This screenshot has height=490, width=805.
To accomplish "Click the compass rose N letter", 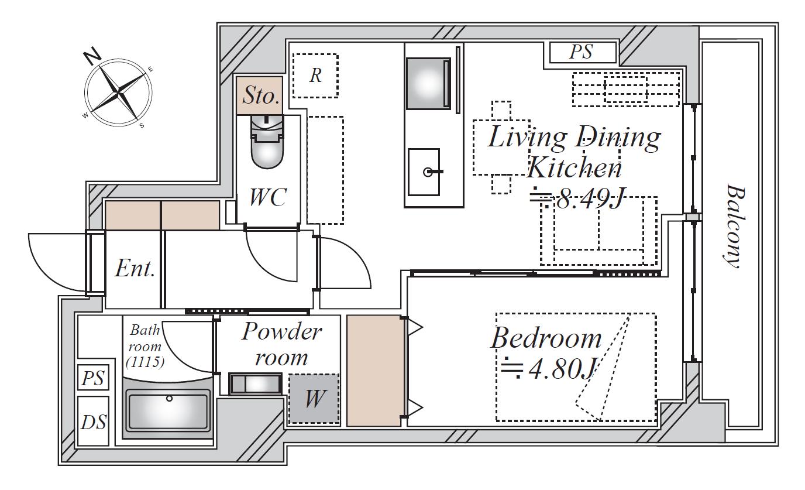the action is point(92,56).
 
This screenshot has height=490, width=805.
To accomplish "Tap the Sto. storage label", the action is point(260,95).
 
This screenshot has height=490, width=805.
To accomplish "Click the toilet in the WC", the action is point(267,142).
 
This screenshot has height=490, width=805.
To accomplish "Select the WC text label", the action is point(268,197).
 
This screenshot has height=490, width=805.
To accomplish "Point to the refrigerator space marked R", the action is point(315,76).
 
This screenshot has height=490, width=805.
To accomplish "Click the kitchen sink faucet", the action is point(432,172).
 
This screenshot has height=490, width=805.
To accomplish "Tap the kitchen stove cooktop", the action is point(428,83).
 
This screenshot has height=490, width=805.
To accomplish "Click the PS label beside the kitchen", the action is point(581,52).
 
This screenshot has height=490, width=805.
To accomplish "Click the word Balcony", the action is point(735,226).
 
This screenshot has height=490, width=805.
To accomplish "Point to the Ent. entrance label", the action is point(135,268).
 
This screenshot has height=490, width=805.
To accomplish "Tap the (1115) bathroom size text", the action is point(145,362).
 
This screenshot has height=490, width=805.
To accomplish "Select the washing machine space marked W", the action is point(314,399).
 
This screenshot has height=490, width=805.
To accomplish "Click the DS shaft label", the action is point(94,422).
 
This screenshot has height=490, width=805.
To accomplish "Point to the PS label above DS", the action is point(93,378).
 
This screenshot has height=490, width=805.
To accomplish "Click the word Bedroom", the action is point(546,338).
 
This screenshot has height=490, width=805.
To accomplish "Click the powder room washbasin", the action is point(256,384).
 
